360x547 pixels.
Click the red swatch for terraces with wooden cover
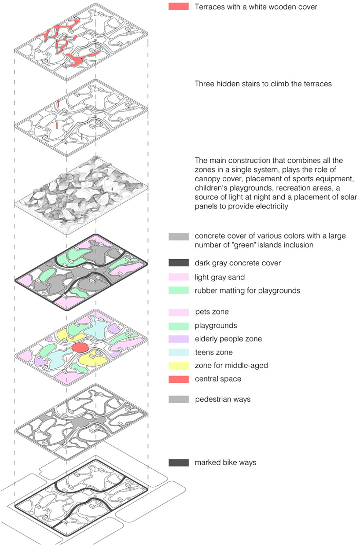click(x=179, y=6)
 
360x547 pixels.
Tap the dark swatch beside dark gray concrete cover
click(x=179, y=263)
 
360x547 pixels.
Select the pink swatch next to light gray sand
click(x=179, y=277)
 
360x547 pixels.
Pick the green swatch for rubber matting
click(x=179, y=290)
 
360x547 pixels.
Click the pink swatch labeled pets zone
click(x=179, y=312)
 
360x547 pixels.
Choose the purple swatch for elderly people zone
click(x=179, y=339)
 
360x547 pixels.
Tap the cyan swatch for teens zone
click(x=179, y=352)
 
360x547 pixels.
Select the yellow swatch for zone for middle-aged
click(x=179, y=366)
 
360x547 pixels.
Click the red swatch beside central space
click(x=179, y=379)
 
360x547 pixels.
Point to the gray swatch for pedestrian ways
click(x=179, y=399)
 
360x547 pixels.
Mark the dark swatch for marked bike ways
click(x=179, y=463)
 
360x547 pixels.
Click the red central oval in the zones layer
click(x=81, y=347)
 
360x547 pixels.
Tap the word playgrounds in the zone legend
click(x=216, y=326)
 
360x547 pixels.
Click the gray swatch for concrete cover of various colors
click(x=179, y=237)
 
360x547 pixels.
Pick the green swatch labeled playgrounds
click(x=179, y=326)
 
